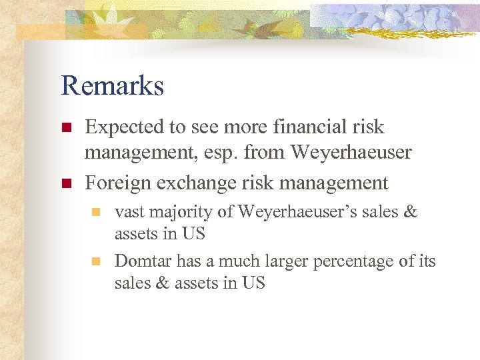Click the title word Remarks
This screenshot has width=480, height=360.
click(x=112, y=86)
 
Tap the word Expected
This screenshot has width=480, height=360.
click(x=125, y=127)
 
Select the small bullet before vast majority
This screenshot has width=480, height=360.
click(x=96, y=213)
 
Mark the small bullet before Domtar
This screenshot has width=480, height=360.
click(x=96, y=261)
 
